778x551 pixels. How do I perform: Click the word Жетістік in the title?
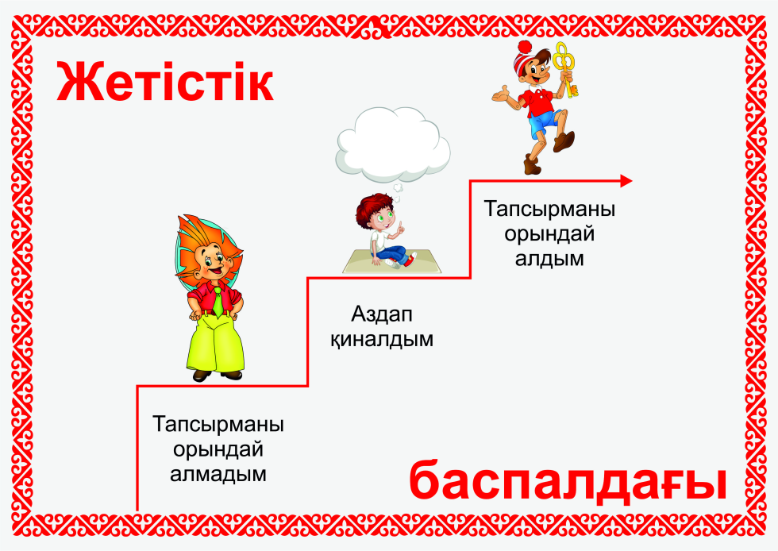[165, 82]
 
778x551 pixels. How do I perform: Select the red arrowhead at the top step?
[626, 181]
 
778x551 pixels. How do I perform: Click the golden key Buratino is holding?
[565, 70]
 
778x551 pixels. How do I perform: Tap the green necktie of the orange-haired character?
[218, 302]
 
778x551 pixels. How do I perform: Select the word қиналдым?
[382, 340]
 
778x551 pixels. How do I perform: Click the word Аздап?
[382, 314]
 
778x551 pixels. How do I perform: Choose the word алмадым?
[218, 473]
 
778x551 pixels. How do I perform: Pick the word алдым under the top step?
[549, 258]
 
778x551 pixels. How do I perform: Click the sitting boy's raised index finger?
[400, 225]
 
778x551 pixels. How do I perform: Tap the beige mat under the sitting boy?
[392, 261]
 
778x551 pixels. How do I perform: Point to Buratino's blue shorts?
[545, 124]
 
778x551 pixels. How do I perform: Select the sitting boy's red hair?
[373, 207]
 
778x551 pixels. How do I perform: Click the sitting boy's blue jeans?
[392, 253]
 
